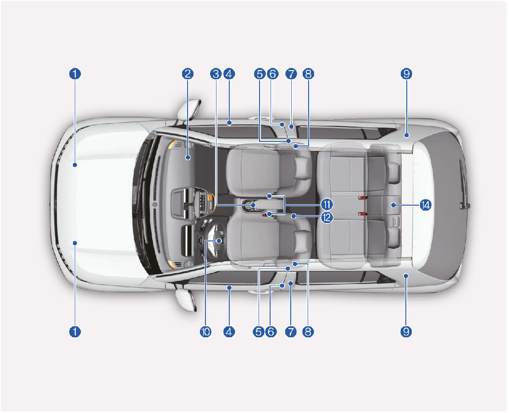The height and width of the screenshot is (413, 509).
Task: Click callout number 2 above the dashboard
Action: [x=188, y=74]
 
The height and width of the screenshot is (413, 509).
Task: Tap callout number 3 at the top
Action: [x=216, y=74]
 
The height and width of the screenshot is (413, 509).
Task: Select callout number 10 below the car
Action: [x=205, y=332]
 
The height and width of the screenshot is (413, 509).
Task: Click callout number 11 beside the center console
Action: [x=327, y=204]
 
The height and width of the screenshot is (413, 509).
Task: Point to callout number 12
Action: [x=327, y=218]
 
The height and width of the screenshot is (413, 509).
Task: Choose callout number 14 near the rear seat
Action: [x=425, y=205]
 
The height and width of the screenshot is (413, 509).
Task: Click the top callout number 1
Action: [x=75, y=74]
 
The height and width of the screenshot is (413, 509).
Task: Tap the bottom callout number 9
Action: [x=406, y=332]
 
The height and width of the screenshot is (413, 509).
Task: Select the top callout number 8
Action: [x=308, y=74]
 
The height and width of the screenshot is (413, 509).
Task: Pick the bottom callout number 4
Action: [x=229, y=332]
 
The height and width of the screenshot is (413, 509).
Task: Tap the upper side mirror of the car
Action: [x=189, y=109]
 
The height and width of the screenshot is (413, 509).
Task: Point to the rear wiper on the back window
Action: [x=464, y=184]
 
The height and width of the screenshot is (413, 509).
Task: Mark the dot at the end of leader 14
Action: [x=393, y=205]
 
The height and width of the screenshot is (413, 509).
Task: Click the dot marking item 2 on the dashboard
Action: [x=188, y=157]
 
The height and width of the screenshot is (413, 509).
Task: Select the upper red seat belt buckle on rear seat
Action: [x=362, y=198]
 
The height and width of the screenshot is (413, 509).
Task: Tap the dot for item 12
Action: [x=293, y=216]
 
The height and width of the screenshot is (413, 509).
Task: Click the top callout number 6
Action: [x=273, y=74]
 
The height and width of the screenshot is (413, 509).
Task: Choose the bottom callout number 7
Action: [x=291, y=332]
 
